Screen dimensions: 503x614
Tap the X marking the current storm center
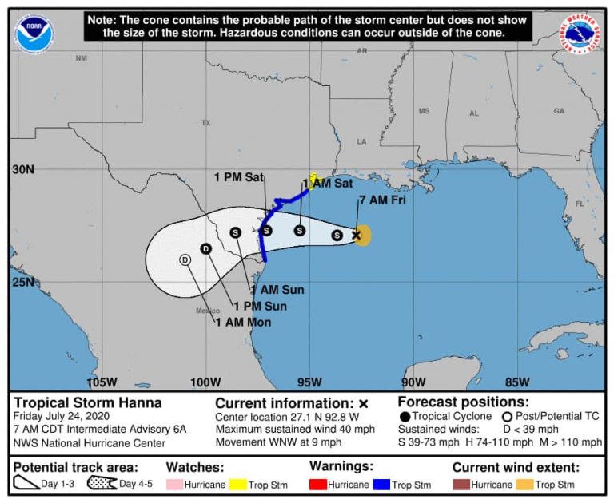(357, 235)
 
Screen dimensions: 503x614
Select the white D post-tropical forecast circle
(185, 259)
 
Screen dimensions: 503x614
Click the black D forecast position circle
(205, 248)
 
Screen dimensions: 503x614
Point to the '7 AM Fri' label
(382, 200)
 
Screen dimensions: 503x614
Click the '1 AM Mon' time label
(243, 323)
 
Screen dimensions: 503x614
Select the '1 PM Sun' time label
(260, 306)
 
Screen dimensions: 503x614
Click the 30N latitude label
(23, 170)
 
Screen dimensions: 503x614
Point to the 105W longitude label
(102, 381)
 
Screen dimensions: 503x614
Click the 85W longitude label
(517, 381)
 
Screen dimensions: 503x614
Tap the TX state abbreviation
(205, 123)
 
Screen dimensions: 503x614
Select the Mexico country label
(206, 311)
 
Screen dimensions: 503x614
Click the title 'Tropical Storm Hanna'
(88, 403)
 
